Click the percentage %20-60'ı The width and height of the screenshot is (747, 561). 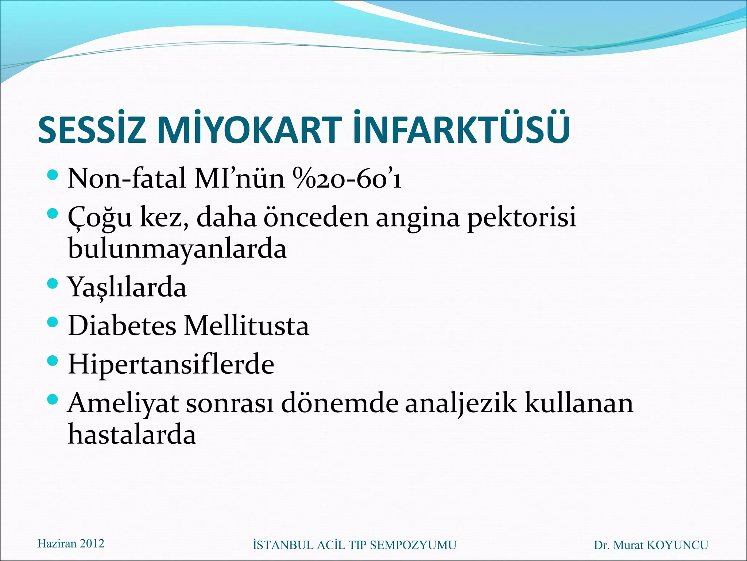pyautogui.click(x=347, y=179)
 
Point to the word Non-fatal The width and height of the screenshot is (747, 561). pyautogui.click(x=127, y=179)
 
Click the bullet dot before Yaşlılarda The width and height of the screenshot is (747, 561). pyautogui.click(x=53, y=283)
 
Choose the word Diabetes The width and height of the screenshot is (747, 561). pyautogui.click(x=122, y=325)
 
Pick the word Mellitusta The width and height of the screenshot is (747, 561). pyautogui.click(x=247, y=325)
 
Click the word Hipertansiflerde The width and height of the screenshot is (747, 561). pyautogui.click(x=171, y=364)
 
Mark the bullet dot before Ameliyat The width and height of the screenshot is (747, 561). pyautogui.click(x=53, y=399)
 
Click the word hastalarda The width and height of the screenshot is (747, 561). pyautogui.click(x=132, y=435)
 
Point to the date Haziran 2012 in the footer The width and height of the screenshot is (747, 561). pyautogui.click(x=71, y=543)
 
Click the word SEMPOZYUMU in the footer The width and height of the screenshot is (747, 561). pyautogui.click(x=413, y=545)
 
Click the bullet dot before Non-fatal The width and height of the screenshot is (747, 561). pyautogui.click(x=53, y=175)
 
